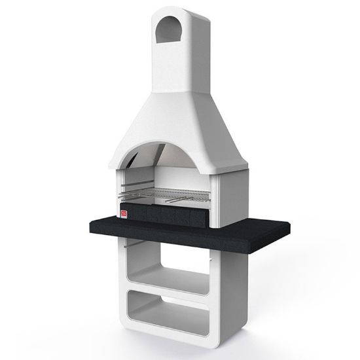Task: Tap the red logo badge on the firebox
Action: click(x=124, y=213)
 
